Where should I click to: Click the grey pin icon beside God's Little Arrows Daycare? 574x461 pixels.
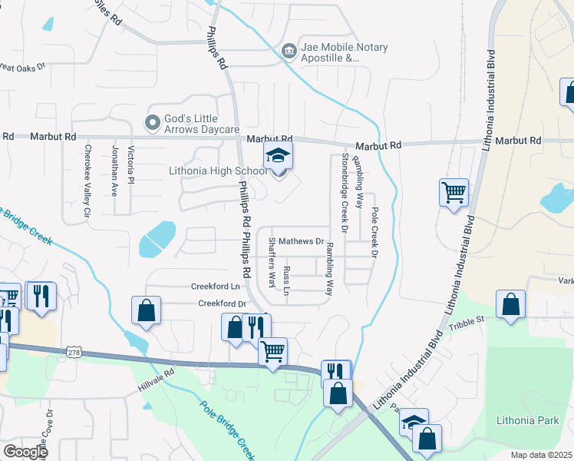[x=152, y=121]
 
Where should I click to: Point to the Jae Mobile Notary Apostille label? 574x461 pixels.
[x=344, y=51]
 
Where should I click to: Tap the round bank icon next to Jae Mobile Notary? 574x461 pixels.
[x=289, y=51]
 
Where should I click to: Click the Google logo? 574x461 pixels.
[x=25, y=451]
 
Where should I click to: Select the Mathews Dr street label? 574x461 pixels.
[x=301, y=241]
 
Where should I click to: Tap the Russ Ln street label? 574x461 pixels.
[x=287, y=281]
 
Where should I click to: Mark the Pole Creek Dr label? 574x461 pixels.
[x=375, y=231]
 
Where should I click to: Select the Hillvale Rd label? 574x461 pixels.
[x=157, y=371]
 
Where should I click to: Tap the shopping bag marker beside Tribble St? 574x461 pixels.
[x=511, y=306]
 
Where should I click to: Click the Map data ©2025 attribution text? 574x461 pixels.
[x=542, y=455]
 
